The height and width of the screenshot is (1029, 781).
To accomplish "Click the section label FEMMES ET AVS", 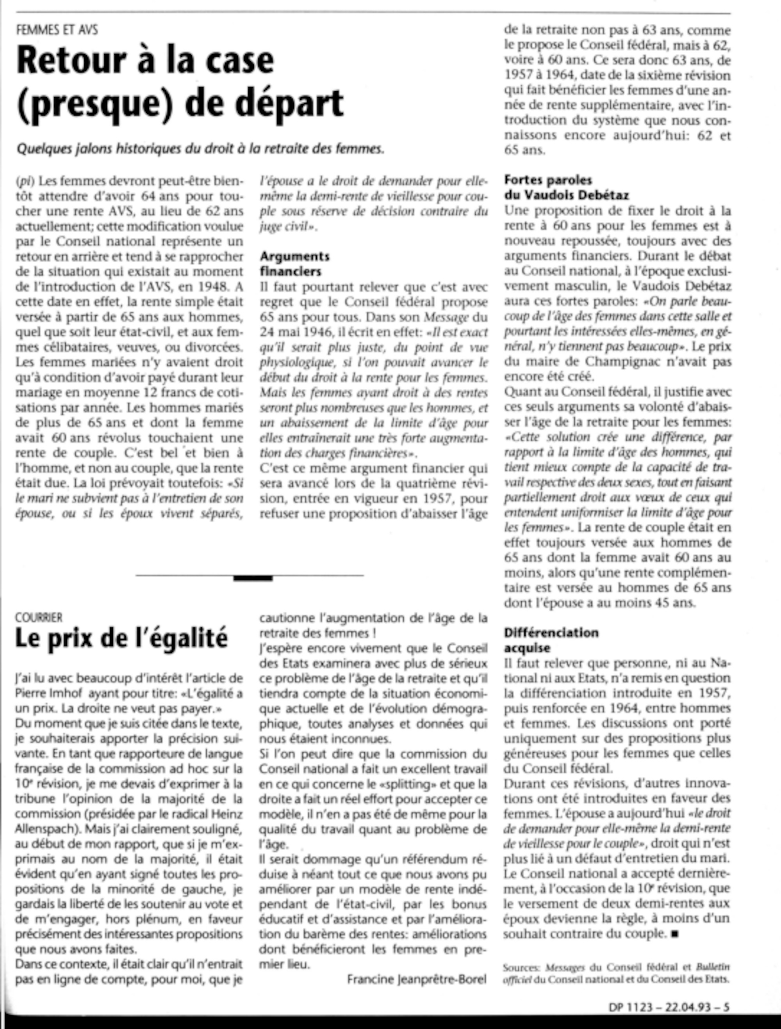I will [x=57, y=30].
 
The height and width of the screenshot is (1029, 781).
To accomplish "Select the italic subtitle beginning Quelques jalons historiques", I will [x=200, y=148].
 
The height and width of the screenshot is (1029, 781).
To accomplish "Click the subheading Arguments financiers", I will [x=294, y=263].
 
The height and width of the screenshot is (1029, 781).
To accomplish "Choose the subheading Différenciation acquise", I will [x=551, y=640].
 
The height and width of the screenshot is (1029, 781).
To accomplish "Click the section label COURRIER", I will [x=39, y=617].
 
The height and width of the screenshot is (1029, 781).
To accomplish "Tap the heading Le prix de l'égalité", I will [x=121, y=639].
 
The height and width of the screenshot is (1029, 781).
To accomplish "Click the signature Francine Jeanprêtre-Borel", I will [x=417, y=979].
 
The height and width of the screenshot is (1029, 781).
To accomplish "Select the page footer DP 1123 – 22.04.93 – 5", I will [x=669, y=1007].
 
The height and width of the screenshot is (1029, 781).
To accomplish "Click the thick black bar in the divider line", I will [x=253, y=578].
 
